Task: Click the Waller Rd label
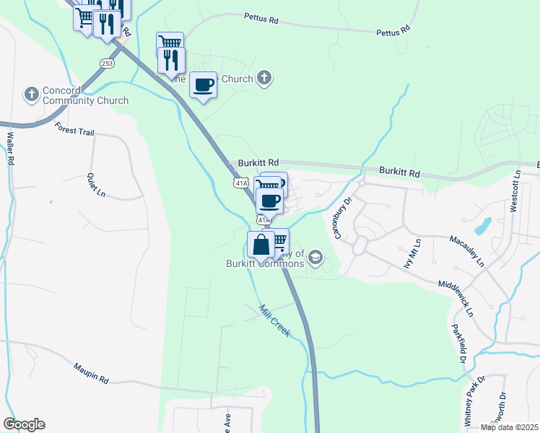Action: [11, 149]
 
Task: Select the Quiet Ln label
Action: [95, 185]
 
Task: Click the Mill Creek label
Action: [274, 320]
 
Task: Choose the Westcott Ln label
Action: [515, 190]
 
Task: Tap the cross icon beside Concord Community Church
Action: [31, 95]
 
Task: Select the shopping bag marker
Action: [261, 245]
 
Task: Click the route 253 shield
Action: [107, 62]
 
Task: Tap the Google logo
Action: [24, 424]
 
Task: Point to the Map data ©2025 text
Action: [508, 427]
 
